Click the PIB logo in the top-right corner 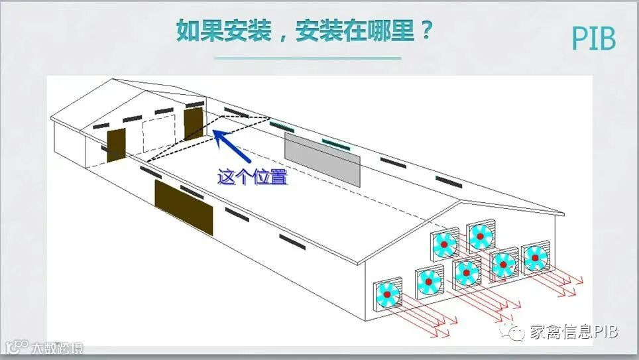click(594, 39)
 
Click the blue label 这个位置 click(253, 177)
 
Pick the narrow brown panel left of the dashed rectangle click(116, 145)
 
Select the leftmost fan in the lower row click(387, 294)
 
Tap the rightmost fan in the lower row click(535, 258)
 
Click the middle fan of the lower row click(467, 272)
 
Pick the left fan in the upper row click(445, 245)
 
